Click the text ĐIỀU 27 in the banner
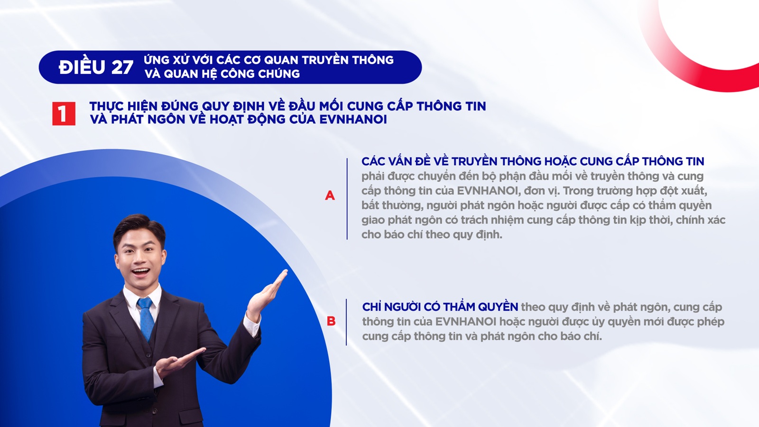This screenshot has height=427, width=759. (96, 67)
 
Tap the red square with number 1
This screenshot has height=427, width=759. (64, 114)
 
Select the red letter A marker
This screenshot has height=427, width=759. (330, 195)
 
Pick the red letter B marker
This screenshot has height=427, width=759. (331, 321)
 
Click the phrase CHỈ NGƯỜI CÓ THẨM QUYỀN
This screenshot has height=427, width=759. (440, 307)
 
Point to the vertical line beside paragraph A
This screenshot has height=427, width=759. (347, 199)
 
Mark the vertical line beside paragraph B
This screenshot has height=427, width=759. (346, 322)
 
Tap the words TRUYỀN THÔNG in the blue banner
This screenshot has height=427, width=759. (348, 60)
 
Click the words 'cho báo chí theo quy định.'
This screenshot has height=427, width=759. (432, 234)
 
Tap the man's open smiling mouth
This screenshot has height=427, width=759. (140, 272)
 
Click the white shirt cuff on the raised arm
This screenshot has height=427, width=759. (252, 325)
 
